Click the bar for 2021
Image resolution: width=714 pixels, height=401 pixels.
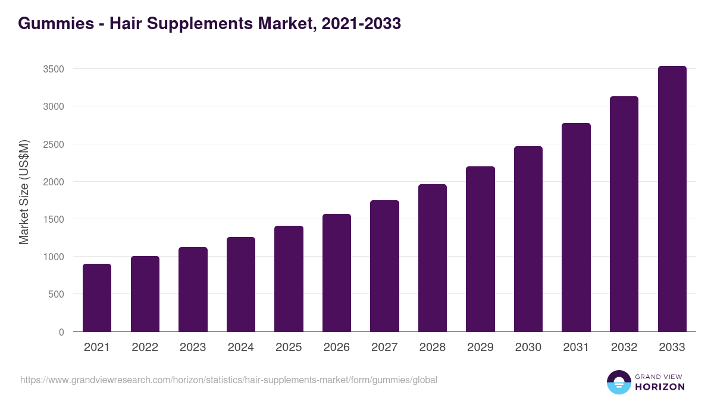[97, 298]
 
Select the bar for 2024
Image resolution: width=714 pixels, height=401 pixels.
[241, 285]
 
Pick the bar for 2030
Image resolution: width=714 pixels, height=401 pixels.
[528, 239]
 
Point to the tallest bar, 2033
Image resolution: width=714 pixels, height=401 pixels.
[672, 199]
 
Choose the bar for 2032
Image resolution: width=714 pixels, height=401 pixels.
[624, 214]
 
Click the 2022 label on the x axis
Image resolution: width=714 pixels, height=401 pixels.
[145, 348]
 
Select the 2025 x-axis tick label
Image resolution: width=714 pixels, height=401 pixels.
[289, 348]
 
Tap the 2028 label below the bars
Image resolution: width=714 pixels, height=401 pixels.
[433, 348]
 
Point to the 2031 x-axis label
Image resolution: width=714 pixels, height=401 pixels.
[576, 348]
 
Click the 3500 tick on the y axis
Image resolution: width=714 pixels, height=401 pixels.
[54, 69]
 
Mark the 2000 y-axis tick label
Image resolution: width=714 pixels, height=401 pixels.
[54, 182]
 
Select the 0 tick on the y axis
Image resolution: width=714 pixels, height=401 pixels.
[61, 332]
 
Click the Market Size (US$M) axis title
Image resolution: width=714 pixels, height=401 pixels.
[24, 192]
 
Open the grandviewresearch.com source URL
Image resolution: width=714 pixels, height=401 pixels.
[228, 380]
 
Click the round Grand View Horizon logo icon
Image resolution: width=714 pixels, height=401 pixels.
[618, 383]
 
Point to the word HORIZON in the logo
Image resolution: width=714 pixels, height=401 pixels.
[660, 387]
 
